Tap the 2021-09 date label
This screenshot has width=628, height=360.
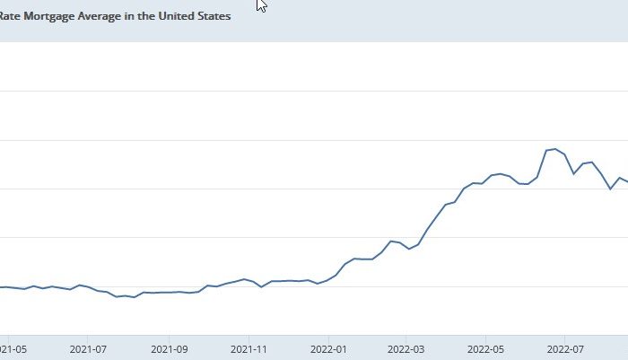pyautogui.click(x=170, y=347)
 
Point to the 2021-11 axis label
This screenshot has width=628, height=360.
pyautogui.click(x=250, y=347)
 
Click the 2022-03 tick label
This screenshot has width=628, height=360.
pyautogui.click(x=406, y=347)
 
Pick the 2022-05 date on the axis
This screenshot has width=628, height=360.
pyautogui.click(x=487, y=347)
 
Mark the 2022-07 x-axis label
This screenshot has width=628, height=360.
pyautogui.click(x=566, y=347)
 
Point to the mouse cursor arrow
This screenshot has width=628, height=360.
pyautogui.click(x=261, y=4)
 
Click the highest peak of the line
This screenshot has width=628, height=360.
pyautogui.click(x=555, y=149)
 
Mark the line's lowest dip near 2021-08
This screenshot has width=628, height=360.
pyautogui.click(x=135, y=296)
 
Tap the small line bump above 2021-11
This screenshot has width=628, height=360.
pyautogui.click(x=244, y=279)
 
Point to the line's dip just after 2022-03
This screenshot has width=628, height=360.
pyautogui.click(x=409, y=249)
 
